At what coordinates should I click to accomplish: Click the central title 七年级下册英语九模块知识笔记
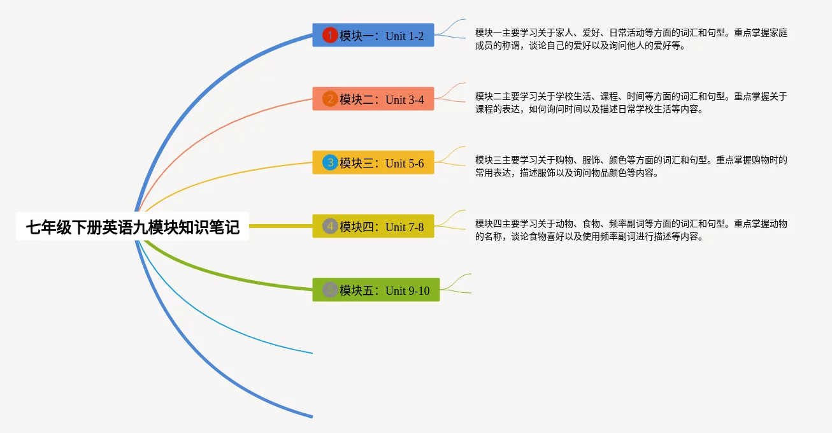point(133,227)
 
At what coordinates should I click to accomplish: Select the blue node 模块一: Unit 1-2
point(373,36)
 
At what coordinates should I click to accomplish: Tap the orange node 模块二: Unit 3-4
point(373,99)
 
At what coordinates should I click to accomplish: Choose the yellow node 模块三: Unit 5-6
point(373,163)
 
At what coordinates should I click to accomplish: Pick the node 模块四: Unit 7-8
point(373,227)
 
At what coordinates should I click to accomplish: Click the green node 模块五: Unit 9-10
point(376,290)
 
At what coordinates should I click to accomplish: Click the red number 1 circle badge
point(329,36)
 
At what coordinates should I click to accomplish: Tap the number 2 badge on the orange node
point(329,99)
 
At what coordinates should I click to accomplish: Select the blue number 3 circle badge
point(329,163)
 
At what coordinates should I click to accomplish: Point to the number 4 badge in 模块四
point(329,227)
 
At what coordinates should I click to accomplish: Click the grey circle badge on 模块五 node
point(329,290)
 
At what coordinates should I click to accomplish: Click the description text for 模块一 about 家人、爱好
point(631,39)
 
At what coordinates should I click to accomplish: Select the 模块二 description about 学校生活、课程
point(631,103)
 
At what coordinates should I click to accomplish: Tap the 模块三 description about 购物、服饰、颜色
point(631,166)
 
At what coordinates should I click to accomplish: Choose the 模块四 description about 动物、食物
point(631,230)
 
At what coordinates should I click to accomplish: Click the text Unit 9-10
point(407,291)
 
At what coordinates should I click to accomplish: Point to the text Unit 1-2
point(405,36)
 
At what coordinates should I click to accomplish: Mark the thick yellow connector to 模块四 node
point(280,226)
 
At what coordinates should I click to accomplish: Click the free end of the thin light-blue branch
point(311,352)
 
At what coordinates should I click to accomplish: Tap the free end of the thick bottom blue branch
point(311,416)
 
